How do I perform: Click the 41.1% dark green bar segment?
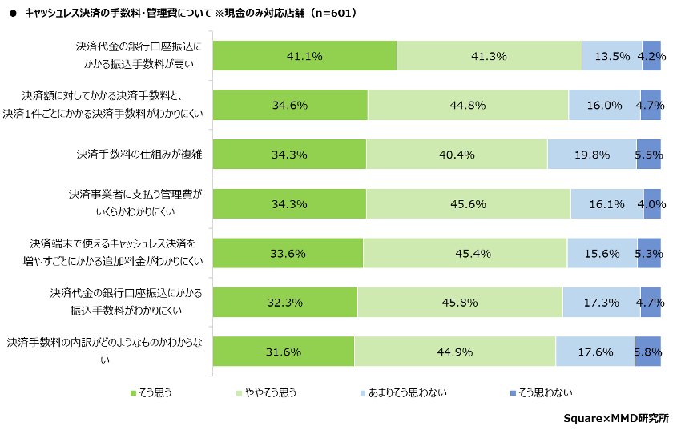304,56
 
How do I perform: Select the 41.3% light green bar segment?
489,56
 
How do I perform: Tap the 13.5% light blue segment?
612,56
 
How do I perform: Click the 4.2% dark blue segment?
652,56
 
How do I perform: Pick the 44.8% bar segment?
468,105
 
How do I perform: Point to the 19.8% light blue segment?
592,155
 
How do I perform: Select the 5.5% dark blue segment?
649,155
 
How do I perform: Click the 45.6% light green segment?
468,204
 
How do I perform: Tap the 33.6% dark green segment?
288,253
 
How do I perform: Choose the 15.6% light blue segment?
602,253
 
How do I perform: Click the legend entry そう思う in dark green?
151,392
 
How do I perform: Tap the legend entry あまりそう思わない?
405,392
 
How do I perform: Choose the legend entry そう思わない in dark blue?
541,392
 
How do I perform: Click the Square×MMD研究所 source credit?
616,418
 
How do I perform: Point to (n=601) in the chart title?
328,14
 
